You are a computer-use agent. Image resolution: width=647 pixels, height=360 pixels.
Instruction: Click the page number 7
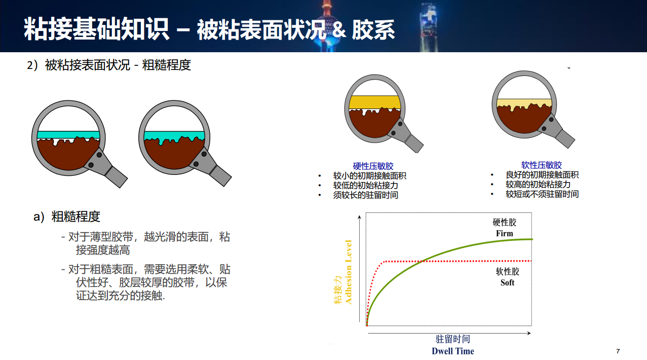618,351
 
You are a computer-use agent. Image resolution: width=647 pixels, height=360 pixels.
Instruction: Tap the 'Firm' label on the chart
504,233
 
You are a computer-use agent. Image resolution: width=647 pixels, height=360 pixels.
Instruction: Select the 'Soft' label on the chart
507,282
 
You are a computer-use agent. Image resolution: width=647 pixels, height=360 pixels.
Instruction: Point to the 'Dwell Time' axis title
452,351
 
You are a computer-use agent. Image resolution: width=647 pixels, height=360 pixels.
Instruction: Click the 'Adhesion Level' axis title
349,272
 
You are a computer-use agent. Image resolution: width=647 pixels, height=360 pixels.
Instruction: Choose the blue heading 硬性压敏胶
373,166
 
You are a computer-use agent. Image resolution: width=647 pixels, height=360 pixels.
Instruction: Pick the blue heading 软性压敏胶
541,165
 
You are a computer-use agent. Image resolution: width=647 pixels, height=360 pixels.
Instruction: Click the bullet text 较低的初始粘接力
365,186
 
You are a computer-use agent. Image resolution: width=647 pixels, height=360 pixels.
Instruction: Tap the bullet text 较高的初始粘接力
538,185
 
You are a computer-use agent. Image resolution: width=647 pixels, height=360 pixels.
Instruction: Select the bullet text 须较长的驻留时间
365,195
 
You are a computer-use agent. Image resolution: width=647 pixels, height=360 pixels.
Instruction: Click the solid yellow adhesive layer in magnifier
374,102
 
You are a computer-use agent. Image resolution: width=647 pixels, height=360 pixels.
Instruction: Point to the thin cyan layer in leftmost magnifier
68,135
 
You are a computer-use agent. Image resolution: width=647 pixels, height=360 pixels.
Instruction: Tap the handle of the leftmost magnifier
116,176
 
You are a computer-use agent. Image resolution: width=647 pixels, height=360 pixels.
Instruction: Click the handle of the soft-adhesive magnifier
565,138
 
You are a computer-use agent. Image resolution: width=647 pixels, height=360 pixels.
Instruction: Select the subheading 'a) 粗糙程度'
67,217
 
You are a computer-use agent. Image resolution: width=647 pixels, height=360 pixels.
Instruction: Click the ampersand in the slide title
339,29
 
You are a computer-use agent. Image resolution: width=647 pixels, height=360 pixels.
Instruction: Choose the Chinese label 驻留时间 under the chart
452,339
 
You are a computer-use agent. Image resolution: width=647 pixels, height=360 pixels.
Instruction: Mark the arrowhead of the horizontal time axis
529,333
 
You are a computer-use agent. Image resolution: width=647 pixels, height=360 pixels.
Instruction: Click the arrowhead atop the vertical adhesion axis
359,217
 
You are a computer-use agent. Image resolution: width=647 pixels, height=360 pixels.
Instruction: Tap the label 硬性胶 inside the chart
504,223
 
